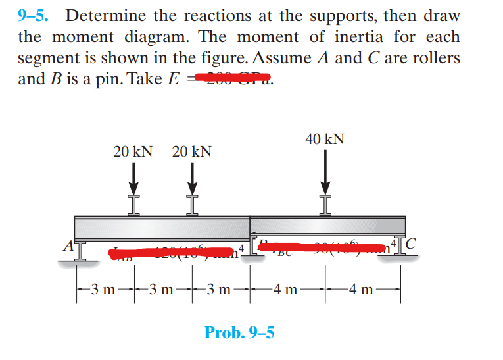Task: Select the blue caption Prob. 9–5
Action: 239,332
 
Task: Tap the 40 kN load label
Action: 325,140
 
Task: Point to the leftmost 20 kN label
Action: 133,152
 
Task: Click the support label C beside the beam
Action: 411,244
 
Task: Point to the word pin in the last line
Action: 110,79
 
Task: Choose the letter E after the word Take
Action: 174,79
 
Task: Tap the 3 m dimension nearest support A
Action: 103,288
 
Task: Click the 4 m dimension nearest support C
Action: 364,288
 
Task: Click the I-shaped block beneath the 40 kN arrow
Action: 325,205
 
